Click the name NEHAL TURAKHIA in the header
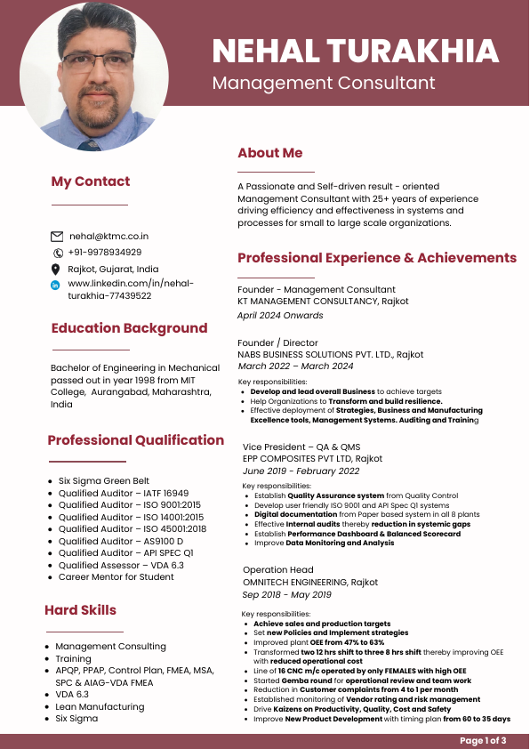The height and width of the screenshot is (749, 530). pyautogui.click(x=355, y=51)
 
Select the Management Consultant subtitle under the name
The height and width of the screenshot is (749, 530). pyautogui.click(x=324, y=84)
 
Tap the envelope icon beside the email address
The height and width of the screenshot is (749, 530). pyautogui.click(x=57, y=237)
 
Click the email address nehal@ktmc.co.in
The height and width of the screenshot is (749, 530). pyautogui.click(x=108, y=237)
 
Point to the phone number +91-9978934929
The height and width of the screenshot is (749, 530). pyautogui.click(x=104, y=253)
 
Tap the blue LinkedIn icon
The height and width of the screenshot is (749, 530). pyautogui.click(x=56, y=285)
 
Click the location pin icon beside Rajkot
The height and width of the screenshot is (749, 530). pyautogui.click(x=56, y=269)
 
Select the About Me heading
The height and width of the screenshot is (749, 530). pyautogui.click(x=269, y=153)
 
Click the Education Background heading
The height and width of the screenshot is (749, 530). pyautogui.click(x=129, y=328)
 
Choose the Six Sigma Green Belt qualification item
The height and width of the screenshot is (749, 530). pyautogui.click(x=104, y=481)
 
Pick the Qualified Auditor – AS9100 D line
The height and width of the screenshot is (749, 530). pyautogui.click(x=121, y=541)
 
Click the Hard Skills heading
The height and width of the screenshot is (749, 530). pyautogui.click(x=80, y=610)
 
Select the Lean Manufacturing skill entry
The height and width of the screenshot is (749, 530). pyautogui.click(x=100, y=706)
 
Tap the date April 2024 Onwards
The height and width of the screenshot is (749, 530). pyautogui.click(x=280, y=315)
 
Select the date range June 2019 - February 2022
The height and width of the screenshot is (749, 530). pyautogui.click(x=301, y=471)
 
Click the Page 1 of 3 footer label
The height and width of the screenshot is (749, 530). pyautogui.click(x=483, y=741)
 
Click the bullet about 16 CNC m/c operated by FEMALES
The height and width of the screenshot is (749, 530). pyautogui.click(x=360, y=670)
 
